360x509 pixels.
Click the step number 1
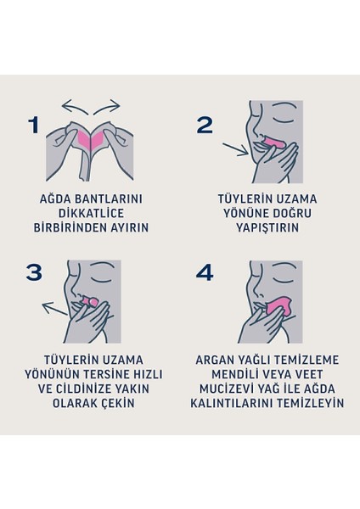33,126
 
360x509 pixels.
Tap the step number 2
205,125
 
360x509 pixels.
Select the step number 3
33,272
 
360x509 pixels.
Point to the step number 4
205,273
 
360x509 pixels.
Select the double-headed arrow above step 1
93,106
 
